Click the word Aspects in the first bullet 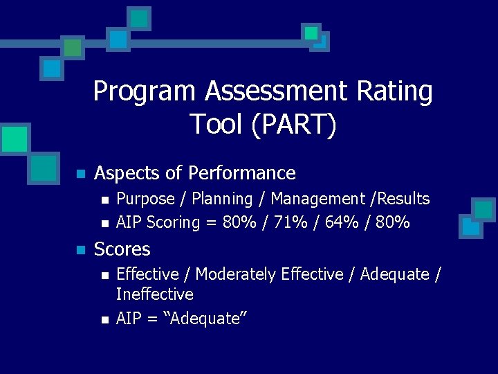click(x=124, y=173)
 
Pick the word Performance click(x=241, y=173)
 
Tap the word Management click(x=315, y=199)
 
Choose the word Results click(x=401, y=199)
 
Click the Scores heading click(x=122, y=249)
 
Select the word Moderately click(x=236, y=275)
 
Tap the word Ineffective click(x=154, y=294)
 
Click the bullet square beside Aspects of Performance click(x=81, y=174)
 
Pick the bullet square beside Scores click(x=81, y=249)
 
